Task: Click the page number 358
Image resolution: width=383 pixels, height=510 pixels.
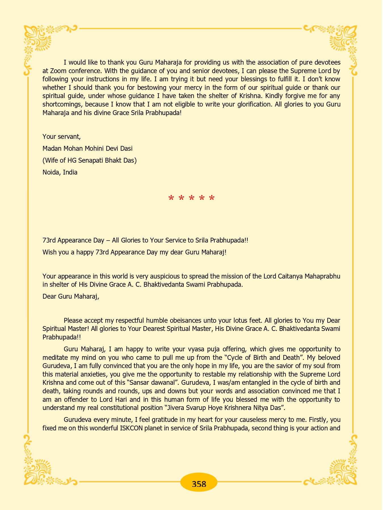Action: point(199,484)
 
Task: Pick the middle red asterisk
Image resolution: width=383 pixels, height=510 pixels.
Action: point(191,198)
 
